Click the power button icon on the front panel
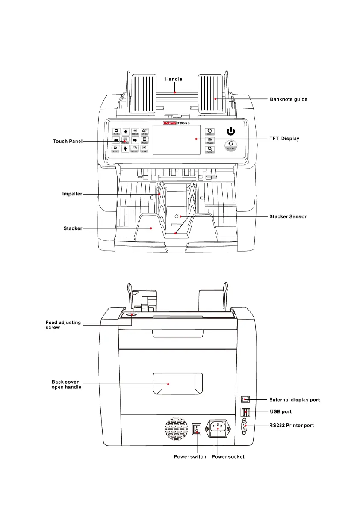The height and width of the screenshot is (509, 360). pyautogui.click(x=230, y=131)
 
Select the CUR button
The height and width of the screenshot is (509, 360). pyautogui.click(x=210, y=131)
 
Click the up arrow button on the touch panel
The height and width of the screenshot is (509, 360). pyautogui.click(x=126, y=132)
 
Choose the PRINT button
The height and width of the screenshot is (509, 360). pyautogui.click(x=135, y=131)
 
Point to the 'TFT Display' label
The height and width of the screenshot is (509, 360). pyautogui.click(x=284, y=139)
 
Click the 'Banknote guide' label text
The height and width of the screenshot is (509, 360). pyautogui.click(x=288, y=99)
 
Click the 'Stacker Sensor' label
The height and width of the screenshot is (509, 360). pyautogui.click(x=288, y=216)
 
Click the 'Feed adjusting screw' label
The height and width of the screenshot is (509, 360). pyautogui.click(x=63, y=325)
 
